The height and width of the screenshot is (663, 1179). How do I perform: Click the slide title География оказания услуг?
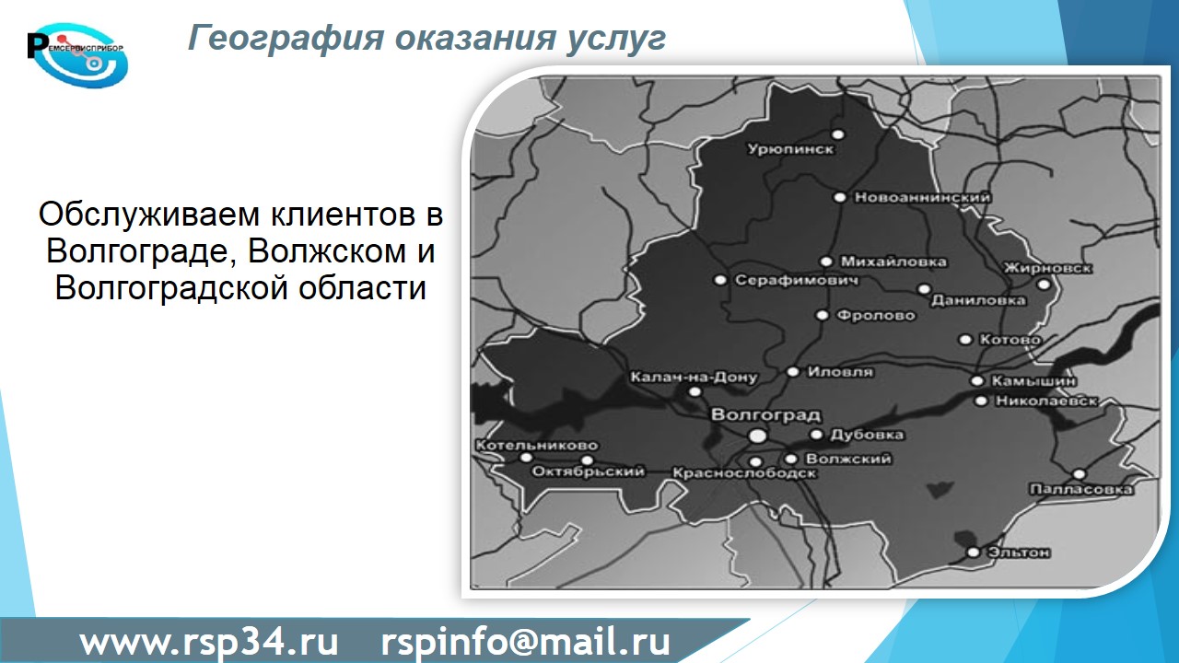point(426,39)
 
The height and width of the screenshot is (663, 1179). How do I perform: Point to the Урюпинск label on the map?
point(791,149)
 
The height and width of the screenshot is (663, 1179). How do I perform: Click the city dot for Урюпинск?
point(838,134)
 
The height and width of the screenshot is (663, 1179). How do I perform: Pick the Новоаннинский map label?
point(922,197)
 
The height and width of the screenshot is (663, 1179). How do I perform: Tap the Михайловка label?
point(893,262)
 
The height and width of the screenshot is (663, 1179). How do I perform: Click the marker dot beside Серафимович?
point(720,280)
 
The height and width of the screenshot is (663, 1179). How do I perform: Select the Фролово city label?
point(876,315)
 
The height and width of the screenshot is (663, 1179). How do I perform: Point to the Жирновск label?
point(1047,268)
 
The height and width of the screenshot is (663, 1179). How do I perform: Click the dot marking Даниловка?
point(924,289)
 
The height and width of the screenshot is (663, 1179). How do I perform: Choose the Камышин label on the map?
point(1033,381)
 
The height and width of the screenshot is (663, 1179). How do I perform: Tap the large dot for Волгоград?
point(758,436)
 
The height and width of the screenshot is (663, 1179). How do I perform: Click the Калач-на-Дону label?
point(694,378)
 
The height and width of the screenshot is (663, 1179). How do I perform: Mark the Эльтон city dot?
point(974,552)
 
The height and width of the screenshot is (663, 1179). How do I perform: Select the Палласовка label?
point(1081,490)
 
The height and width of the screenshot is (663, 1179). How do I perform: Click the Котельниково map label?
point(537,445)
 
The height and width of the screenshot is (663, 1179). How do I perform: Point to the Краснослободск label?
point(744,473)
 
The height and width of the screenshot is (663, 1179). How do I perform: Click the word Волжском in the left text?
point(327,251)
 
